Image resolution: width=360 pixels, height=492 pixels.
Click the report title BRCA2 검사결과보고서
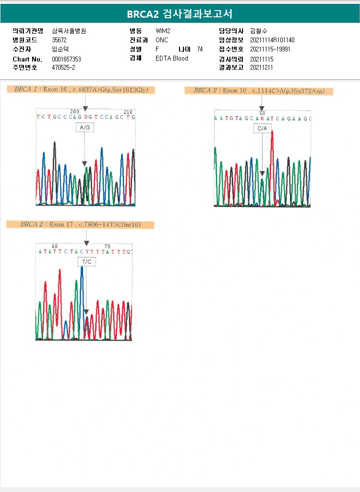point(180,14)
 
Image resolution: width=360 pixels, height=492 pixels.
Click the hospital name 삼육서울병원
point(69,31)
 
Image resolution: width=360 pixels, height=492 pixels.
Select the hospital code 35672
point(59,40)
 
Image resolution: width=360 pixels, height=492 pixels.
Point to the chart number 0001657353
point(66,59)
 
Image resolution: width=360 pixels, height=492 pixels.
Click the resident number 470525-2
point(63,68)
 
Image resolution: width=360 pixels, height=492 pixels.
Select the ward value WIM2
point(163,31)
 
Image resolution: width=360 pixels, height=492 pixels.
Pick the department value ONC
point(162,40)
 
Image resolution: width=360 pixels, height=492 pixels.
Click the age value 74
point(200,49)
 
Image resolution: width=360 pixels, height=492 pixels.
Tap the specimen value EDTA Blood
point(172,59)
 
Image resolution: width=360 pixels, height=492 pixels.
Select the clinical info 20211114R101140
point(272,40)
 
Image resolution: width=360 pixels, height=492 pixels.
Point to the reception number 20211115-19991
point(270,49)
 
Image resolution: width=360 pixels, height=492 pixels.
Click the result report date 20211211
point(262,68)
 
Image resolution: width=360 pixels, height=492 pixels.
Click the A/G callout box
point(85,127)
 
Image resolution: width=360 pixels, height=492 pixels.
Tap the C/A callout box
point(262,128)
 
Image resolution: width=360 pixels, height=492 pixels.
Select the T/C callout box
point(86,261)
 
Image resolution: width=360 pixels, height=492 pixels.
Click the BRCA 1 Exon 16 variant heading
point(81,90)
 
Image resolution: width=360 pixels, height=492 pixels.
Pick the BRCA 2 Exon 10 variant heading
point(259,91)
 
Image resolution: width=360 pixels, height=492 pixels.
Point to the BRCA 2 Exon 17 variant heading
point(80,224)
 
